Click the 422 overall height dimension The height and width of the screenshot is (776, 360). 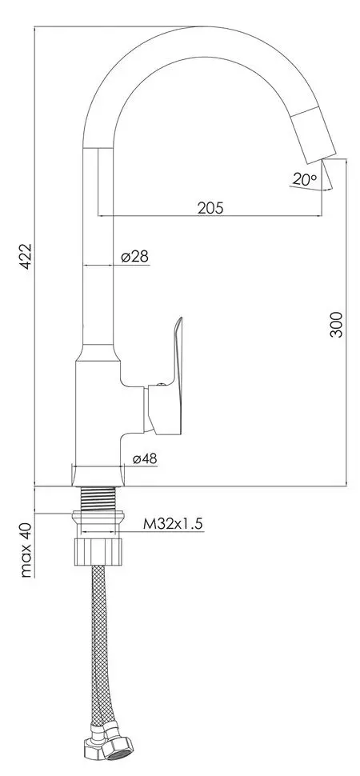point(26,256)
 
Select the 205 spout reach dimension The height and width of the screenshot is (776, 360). point(210,207)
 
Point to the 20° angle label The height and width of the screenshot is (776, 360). point(305,180)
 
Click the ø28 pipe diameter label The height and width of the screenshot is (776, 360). point(134,256)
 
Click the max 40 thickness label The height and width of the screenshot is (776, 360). point(26,550)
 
